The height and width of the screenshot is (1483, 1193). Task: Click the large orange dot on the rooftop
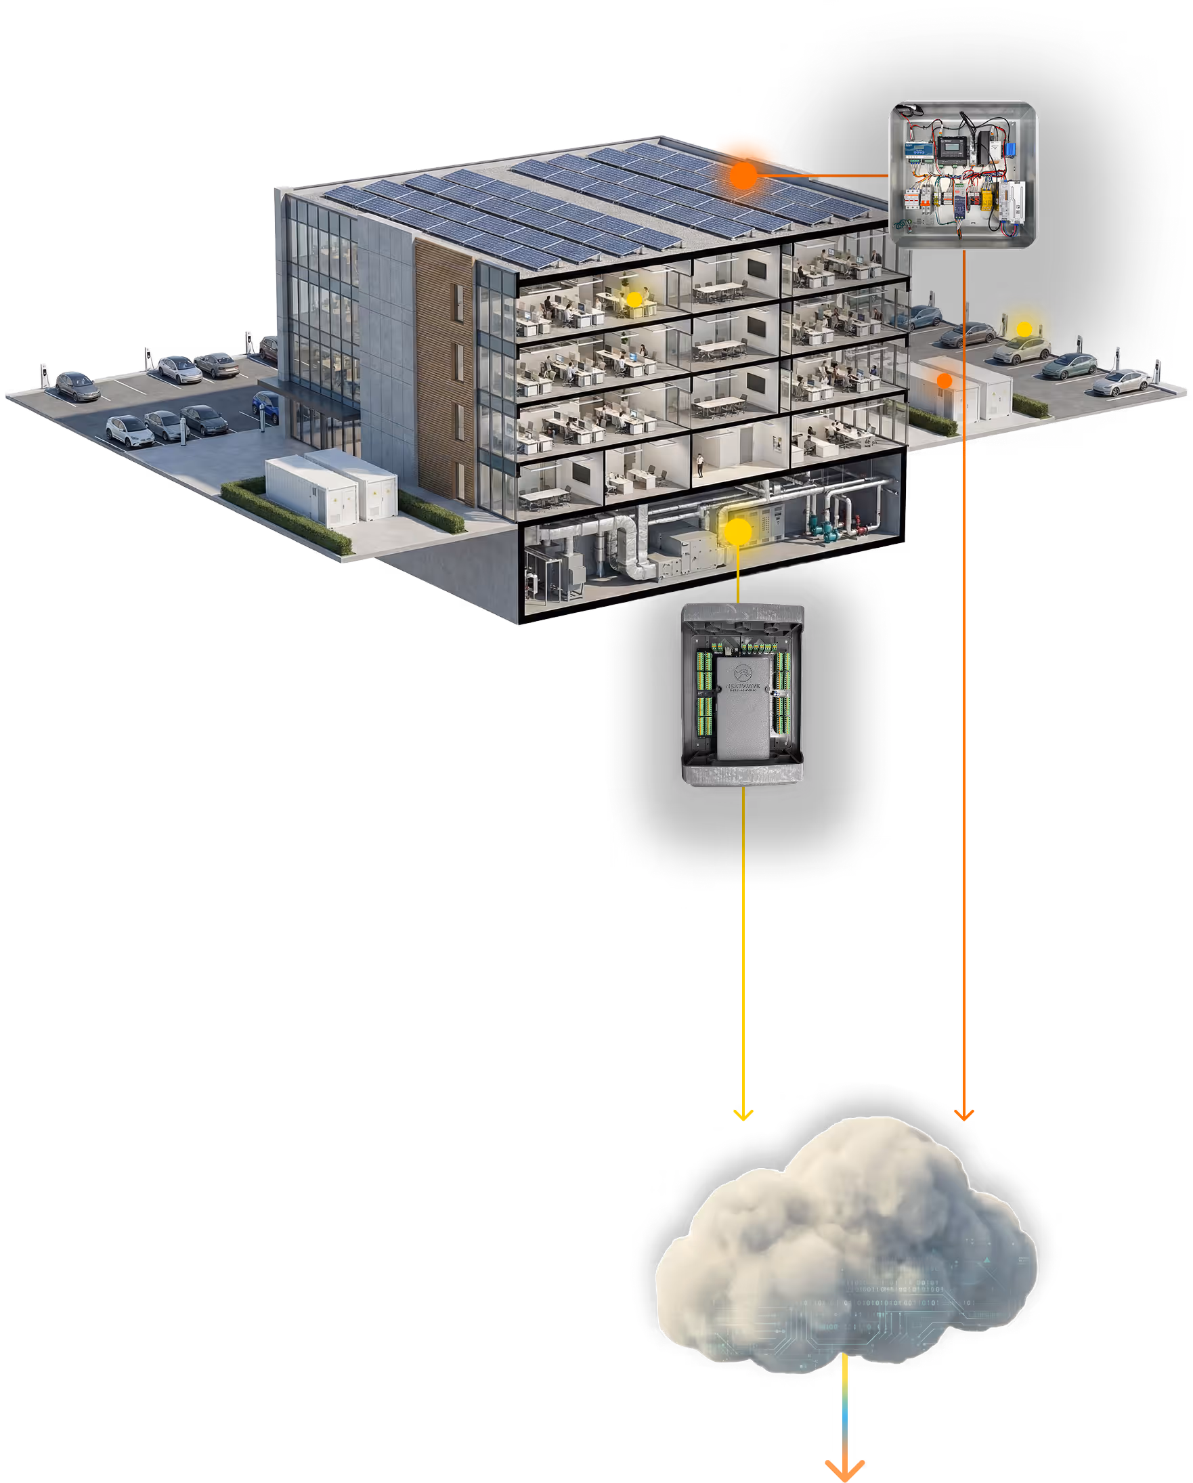pos(743,176)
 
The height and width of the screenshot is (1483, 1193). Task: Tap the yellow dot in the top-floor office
pos(634,299)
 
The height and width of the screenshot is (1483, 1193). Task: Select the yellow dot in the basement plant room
pos(739,532)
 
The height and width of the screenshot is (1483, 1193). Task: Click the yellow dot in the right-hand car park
pos(1024,330)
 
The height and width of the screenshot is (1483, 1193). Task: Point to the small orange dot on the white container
pos(945,381)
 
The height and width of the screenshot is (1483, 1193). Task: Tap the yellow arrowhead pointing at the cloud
pos(743,1115)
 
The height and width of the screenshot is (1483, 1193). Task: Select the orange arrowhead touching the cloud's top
pos(964,1115)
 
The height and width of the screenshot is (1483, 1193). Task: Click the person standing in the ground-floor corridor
pos(701,467)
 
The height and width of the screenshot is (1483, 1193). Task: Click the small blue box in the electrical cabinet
pos(1012,150)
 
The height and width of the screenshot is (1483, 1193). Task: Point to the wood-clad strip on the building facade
pos(444,372)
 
